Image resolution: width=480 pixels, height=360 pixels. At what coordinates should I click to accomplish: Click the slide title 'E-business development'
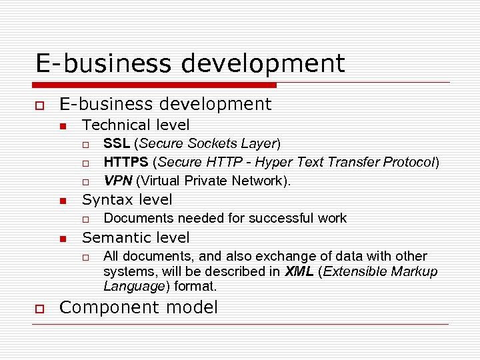click(190, 63)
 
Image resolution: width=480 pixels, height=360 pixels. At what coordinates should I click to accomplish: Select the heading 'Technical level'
click(135, 125)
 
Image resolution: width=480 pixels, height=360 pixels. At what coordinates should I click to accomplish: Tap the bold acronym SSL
click(117, 143)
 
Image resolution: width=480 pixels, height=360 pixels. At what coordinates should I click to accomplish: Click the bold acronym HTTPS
click(125, 162)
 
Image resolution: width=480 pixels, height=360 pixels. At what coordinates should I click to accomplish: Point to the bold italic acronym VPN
click(117, 181)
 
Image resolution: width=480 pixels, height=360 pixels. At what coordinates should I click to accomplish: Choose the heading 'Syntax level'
click(127, 199)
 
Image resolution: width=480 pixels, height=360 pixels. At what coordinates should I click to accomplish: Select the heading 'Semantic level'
click(135, 237)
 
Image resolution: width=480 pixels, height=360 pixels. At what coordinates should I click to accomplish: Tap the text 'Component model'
click(139, 307)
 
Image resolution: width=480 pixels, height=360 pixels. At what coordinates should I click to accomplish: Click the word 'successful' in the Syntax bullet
click(269, 218)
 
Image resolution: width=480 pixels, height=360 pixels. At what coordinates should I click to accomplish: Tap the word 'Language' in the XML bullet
click(133, 287)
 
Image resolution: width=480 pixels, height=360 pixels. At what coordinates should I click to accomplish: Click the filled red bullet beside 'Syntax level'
click(62, 201)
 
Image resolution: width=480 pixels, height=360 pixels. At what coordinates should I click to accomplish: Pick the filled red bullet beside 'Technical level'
click(62, 126)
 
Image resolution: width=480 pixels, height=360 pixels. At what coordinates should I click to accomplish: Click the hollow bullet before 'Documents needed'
click(85, 219)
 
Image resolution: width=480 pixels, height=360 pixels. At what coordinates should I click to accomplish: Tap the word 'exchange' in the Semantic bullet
click(257, 256)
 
